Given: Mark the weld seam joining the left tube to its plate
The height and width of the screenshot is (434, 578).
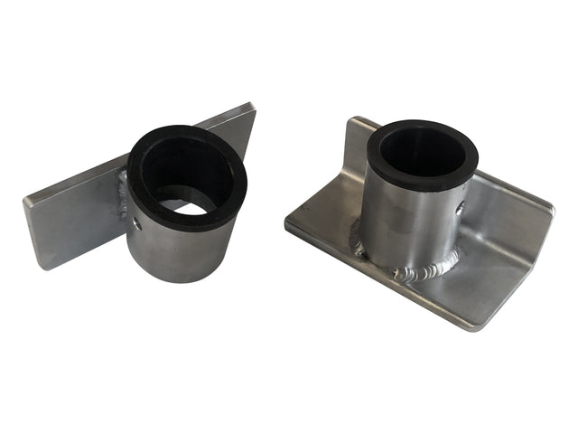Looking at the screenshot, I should point(123,194).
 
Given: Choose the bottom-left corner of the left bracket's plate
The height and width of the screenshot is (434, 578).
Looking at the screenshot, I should point(40,268).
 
